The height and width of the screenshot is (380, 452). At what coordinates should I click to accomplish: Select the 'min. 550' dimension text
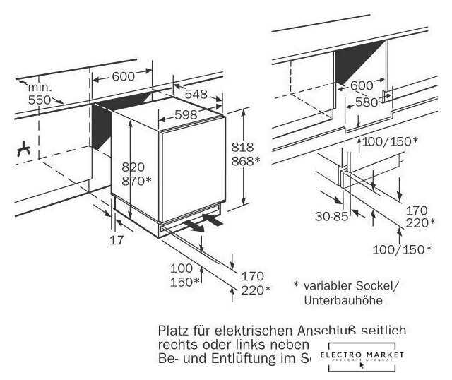tap(40, 93)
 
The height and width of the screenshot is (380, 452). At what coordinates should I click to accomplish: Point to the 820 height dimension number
tap(133, 167)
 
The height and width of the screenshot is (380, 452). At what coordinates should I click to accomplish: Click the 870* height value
tap(137, 182)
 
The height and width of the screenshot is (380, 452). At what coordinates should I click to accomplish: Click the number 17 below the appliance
tap(117, 240)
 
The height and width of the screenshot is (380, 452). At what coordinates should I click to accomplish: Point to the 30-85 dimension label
tap(331, 217)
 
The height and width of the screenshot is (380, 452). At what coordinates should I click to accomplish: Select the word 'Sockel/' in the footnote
tap(380, 286)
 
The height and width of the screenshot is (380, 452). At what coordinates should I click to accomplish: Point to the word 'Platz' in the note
tap(174, 330)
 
